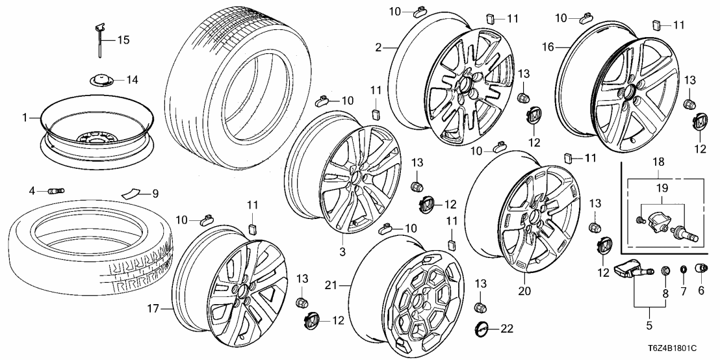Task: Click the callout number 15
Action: point(123,40)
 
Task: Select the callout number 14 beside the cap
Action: point(132,81)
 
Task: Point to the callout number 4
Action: point(31,190)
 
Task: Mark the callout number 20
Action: point(524,292)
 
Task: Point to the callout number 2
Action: point(378,47)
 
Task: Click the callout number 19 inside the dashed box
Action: point(662,189)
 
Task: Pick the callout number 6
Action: point(701,290)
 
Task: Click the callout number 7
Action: point(684,290)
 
